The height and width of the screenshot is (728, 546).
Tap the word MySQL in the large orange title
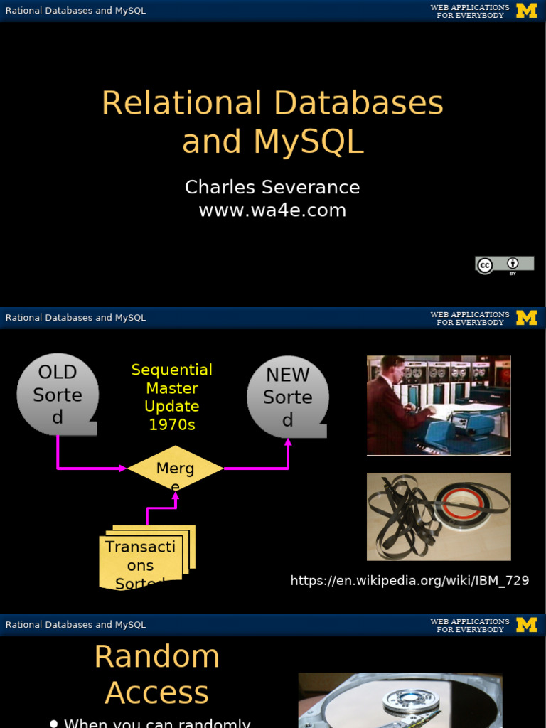[309, 141]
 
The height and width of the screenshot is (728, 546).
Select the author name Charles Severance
[272, 187]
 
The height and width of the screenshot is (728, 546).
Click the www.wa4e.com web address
[272, 210]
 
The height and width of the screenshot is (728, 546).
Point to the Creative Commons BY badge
[504, 265]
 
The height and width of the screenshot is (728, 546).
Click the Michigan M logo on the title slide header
[526, 11]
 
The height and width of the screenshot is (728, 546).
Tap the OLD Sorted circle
[58, 395]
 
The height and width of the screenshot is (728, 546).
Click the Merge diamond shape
[175, 469]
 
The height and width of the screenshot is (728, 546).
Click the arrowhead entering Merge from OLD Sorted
[122, 468]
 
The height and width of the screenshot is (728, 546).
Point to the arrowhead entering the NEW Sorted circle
[288, 442]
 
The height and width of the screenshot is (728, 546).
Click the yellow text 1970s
[172, 425]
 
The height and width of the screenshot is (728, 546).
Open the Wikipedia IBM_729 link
[409, 580]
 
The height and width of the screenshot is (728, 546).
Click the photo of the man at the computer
[439, 405]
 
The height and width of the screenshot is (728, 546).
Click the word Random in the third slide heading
[157, 656]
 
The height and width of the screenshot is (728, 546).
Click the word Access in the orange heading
[157, 692]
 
